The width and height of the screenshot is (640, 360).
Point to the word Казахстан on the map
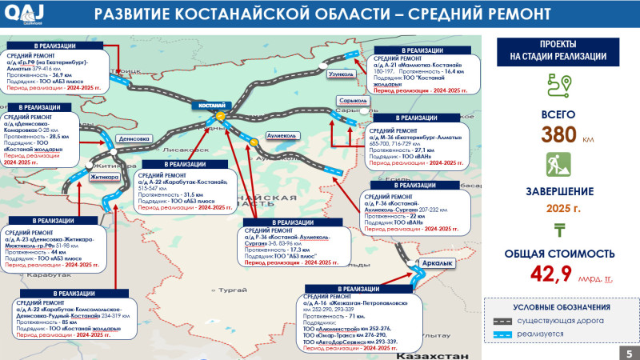(x=433, y=353)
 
